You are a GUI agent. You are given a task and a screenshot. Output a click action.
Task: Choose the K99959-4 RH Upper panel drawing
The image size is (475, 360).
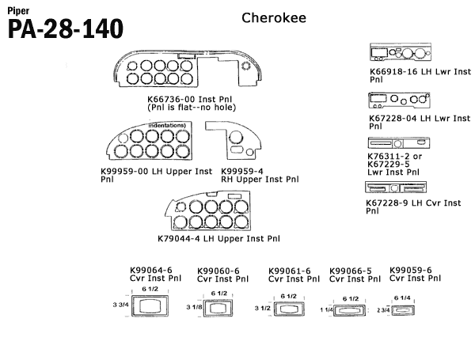point(230,143)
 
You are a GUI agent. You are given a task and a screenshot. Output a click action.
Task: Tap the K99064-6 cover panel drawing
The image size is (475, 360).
point(149,305)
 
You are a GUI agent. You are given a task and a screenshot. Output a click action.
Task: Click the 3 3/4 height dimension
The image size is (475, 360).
point(120,305)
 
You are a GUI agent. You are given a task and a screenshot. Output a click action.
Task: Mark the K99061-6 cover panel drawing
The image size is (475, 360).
point(287,309)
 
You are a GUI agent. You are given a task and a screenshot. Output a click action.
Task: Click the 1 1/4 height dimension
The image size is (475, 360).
point(325,311)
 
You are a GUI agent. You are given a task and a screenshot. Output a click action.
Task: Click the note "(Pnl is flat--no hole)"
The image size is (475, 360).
point(192,107)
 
